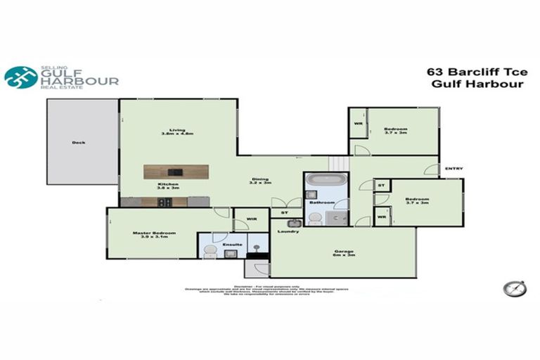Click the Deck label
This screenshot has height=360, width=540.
[78, 143]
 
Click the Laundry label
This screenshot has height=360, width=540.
[288, 231]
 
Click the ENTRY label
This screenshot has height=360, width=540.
[454, 168]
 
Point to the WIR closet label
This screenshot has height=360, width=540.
[251, 219]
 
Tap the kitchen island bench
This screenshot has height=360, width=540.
[176, 172]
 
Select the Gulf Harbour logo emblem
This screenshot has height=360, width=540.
[21, 77]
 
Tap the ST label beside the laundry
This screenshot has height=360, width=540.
[284, 212]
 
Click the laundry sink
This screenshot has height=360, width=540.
[294, 224]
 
